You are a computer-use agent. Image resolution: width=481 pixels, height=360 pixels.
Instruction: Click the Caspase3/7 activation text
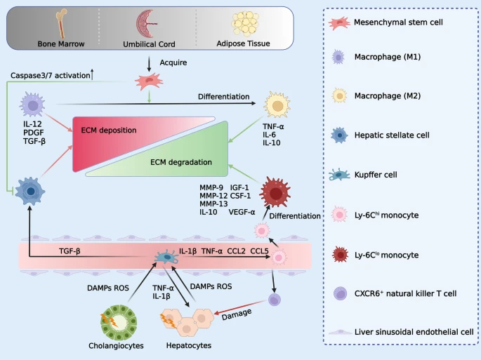pyautogui.click(x=43, y=74)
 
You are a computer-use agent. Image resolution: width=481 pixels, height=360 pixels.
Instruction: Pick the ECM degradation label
pyautogui.click(x=181, y=163)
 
